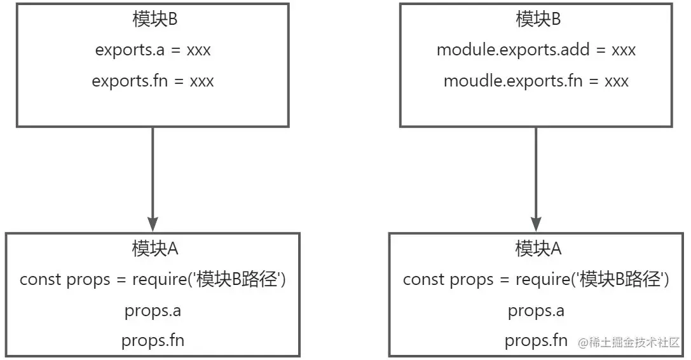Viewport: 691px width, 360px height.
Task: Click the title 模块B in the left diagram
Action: click(153, 19)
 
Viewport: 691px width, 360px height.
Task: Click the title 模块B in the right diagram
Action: click(537, 19)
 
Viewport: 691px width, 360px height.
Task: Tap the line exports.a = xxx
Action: click(153, 50)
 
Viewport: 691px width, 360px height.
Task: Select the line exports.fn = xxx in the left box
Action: click(153, 81)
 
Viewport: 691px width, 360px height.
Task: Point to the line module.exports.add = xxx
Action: click(536, 50)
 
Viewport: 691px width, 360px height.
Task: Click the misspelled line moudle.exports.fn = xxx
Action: click(536, 81)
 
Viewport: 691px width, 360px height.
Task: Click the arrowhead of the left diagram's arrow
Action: click(153, 225)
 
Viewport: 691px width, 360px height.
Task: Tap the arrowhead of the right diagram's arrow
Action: click(536, 225)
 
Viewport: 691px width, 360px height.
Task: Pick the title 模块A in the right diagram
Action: click(538, 249)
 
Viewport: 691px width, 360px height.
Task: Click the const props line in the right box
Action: click(536, 280)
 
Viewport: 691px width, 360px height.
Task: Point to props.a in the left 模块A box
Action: click(153, 311)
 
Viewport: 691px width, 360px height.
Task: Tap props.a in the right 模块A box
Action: click(536, 311)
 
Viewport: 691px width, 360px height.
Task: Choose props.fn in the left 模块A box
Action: click(153, 341)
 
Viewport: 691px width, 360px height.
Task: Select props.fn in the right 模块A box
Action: click(536, 341)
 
